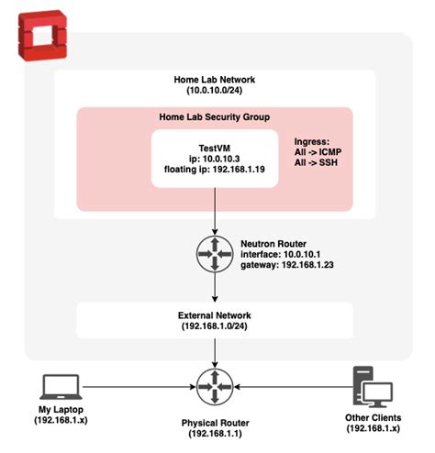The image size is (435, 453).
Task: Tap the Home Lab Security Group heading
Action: point(213,117)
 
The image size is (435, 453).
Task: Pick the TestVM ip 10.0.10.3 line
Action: point(213,158)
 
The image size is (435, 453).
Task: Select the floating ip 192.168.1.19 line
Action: point(213,171)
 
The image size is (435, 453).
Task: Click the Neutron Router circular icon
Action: point(214,255)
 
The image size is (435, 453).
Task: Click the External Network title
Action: point(213,314)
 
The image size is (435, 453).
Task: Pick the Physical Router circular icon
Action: point(214,385)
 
